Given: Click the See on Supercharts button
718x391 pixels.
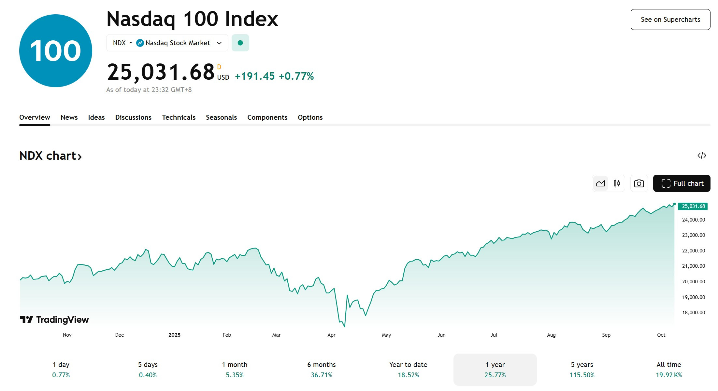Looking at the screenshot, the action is point(670,20).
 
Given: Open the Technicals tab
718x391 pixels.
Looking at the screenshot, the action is point(179,117).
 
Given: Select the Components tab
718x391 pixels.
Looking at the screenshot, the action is point(267,117).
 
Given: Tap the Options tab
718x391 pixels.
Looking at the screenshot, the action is point(310,117).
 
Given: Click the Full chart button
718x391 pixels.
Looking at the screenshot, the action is point(682,183).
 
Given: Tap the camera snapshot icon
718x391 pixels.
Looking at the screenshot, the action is point(639,183).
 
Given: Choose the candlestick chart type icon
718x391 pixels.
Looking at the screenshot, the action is point(617,183).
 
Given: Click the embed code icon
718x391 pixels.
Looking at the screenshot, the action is point(702,155).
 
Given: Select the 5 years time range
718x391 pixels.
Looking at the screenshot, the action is point(582,370).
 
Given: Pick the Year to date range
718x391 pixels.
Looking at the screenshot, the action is point(408,370).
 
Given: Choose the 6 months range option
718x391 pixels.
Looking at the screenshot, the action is point(321,370).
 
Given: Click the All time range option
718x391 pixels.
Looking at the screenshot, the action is point(668,370).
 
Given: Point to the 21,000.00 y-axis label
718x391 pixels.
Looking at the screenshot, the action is point(693,266).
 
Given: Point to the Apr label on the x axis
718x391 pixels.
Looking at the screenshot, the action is point(331,335).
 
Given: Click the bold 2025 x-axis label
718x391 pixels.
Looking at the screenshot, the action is point(174,335).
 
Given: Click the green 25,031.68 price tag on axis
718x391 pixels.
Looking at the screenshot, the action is point(693,206).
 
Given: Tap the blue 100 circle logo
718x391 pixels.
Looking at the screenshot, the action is point(56,51).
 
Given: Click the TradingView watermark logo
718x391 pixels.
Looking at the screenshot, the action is point(54,320).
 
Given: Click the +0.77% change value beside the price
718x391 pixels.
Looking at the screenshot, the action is point(296,76).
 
